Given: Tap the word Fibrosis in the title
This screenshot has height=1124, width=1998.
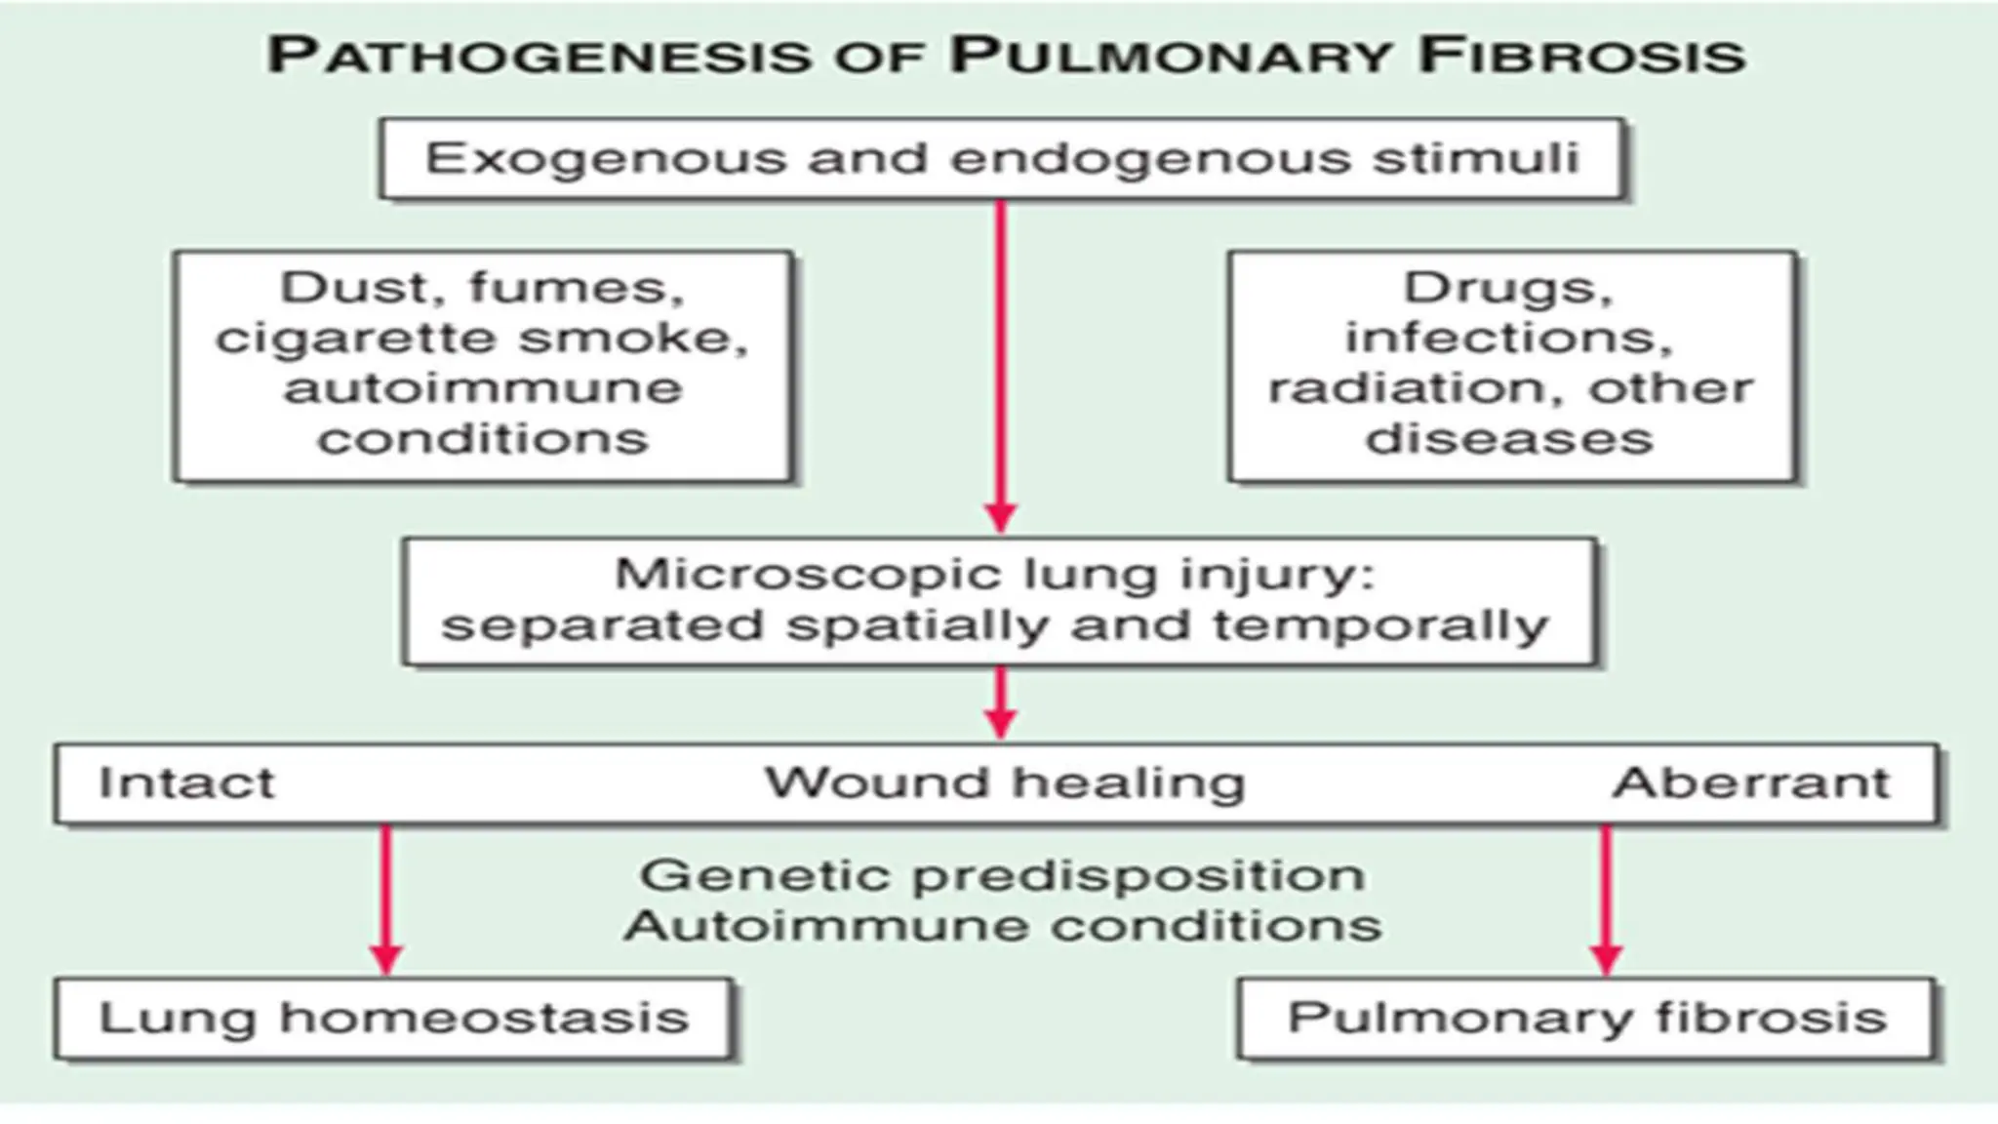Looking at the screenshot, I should coord(1580,56).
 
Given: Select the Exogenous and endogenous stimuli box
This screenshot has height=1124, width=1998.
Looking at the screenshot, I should coord(1002,159).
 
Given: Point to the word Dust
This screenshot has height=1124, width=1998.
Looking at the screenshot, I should coord(354,288).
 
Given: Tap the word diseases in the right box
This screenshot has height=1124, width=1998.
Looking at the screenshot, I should coord(1509,439).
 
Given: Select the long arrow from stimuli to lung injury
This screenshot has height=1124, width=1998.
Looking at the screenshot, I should coord(1001,361).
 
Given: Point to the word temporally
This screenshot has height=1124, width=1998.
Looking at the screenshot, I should coord(1380,625).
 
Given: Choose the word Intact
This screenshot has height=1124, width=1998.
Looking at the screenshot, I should coord(186,783).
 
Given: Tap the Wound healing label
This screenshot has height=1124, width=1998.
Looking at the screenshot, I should coord(1005,783).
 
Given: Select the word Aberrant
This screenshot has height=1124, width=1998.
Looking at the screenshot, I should coord(1751,783).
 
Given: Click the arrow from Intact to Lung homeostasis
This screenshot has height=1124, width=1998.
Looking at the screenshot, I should coord(386,898).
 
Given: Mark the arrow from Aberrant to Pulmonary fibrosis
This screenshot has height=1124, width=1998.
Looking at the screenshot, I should coord(1606,898).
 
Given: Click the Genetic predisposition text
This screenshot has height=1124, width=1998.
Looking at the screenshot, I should coord(1002,875).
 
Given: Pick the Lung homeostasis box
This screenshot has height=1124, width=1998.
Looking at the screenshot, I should coord(393,1019).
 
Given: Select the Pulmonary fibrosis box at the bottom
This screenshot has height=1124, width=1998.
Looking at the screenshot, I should coord(1586,1019).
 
